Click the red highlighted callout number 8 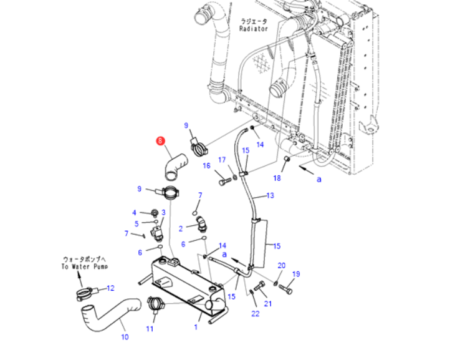160,141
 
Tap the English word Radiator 254,29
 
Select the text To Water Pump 85,266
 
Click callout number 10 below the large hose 125,337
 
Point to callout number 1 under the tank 196,328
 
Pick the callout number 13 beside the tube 270,196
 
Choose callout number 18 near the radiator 277,178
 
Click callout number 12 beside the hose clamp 110,288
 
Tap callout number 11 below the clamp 150,329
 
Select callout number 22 256,314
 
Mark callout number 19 296,274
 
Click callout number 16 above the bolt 207,166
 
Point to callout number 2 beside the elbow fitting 181,229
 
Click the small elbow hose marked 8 176,166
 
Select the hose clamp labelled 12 87,294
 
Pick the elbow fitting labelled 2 200,224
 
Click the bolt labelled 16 225,182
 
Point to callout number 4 134,213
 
